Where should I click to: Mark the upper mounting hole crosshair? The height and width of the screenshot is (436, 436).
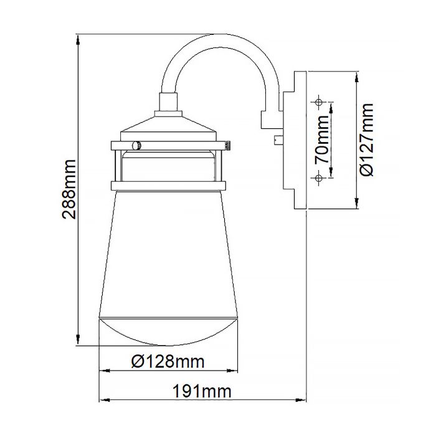318,102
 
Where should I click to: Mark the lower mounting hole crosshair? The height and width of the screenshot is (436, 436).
318,179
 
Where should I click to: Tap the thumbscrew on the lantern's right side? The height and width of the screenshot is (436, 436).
229,145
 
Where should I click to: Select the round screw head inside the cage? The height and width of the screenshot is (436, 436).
137,145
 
